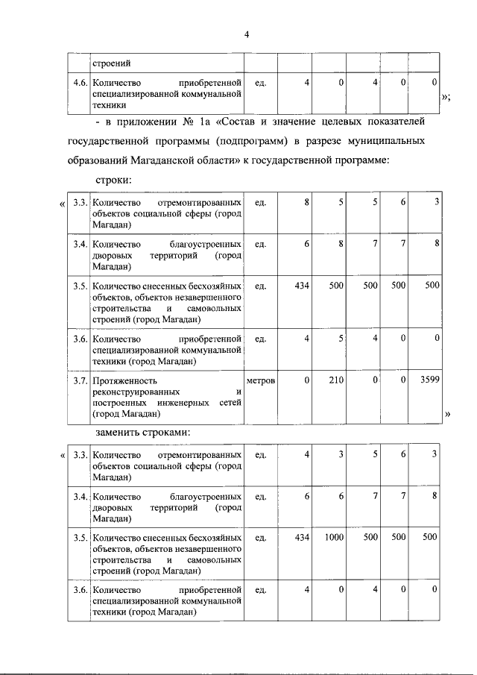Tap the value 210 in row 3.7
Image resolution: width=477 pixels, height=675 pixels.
click(336, 380)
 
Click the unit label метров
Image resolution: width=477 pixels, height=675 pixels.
click(261, 380)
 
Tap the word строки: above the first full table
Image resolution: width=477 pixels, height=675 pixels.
click(113, 181)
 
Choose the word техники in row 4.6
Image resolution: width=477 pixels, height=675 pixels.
click(109, 106)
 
